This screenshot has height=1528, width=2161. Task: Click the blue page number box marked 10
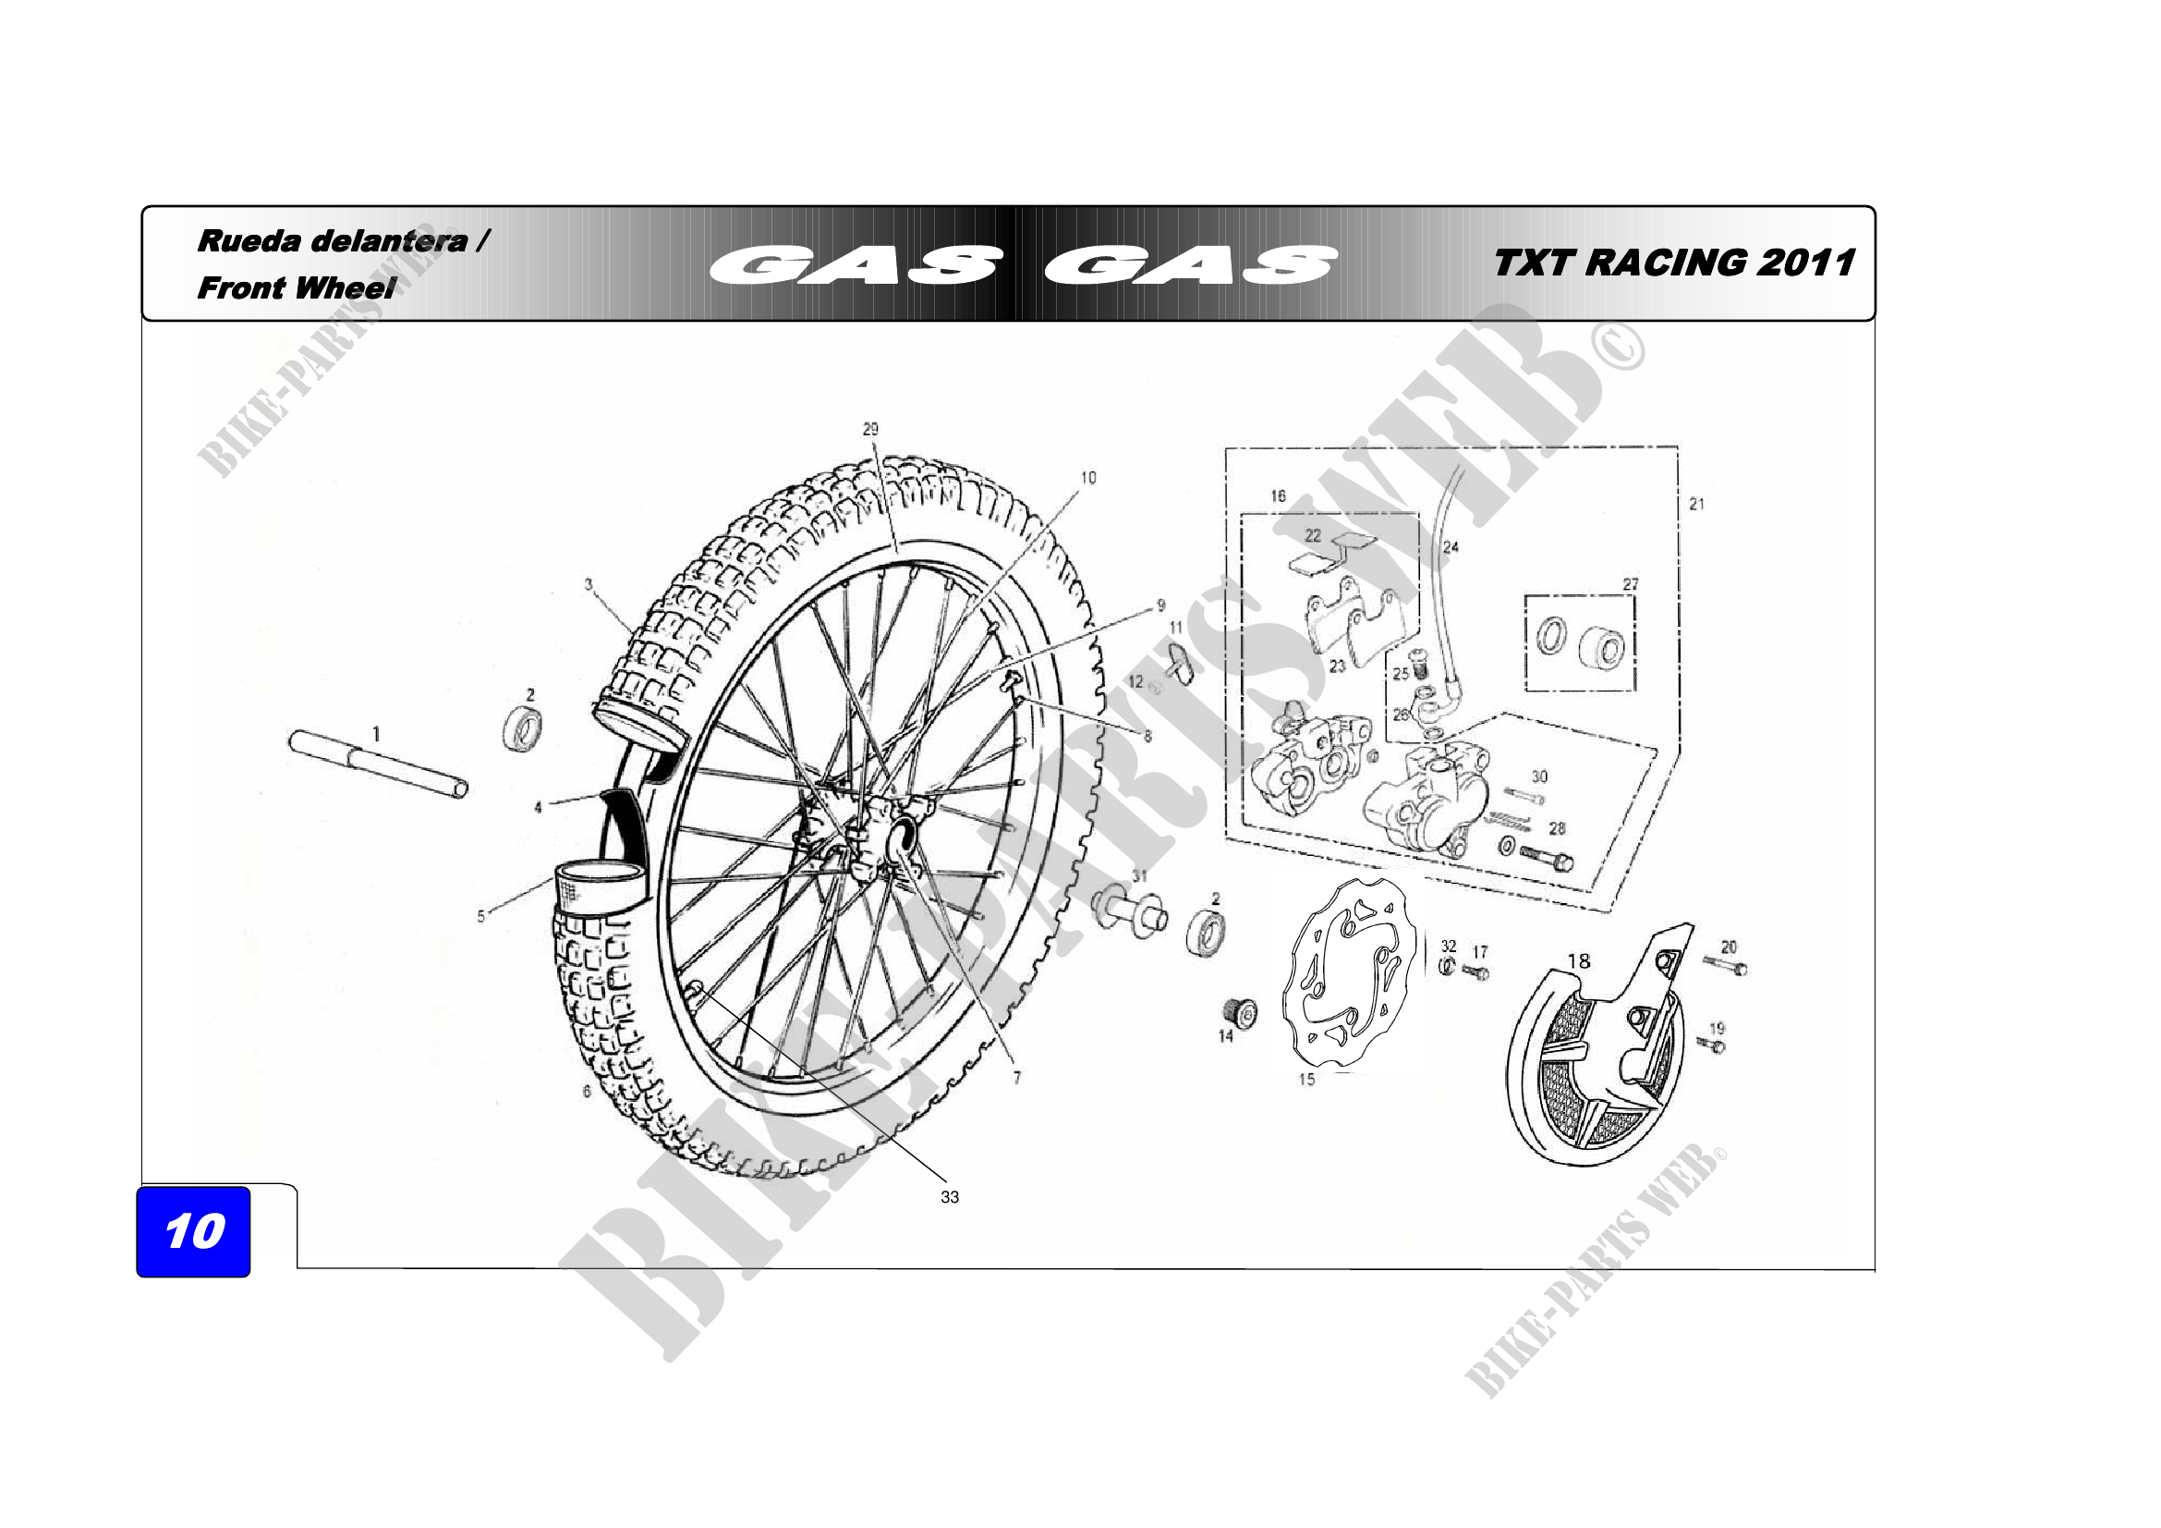(x=193, y=1231)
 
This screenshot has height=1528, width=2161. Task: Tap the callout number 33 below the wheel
(x=950, y=1196)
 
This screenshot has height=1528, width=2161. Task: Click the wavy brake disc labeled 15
(x=1350, y=974)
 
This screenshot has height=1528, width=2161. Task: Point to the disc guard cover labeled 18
(x=1591, y=1055)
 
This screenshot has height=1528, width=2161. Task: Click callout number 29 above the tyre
(x=870, y=428)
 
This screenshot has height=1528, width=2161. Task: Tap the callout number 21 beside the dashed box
(x=1696, y=504)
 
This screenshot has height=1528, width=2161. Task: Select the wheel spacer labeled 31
(x=1129, y=911)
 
